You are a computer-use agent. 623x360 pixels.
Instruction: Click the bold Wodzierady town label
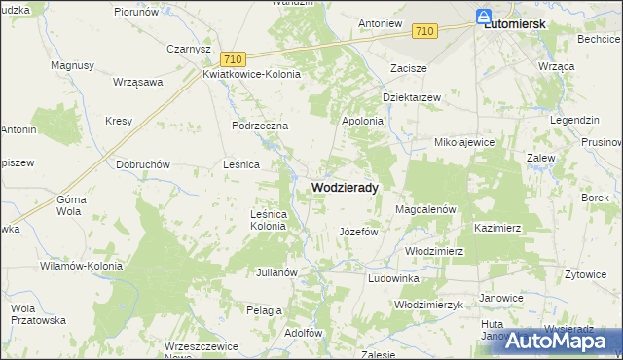point(346,187)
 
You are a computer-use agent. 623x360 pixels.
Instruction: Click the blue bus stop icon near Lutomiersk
point(484,16)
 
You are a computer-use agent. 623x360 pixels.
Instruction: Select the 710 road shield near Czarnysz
point(231,59)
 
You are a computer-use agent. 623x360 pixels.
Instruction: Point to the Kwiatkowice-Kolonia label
point(252,74)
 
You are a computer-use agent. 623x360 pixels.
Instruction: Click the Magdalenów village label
point(426,209)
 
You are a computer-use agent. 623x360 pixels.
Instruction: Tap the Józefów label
point(357,233)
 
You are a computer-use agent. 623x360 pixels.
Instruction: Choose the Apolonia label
point(362,121)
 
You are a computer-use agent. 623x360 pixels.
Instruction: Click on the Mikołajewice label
point(464,142)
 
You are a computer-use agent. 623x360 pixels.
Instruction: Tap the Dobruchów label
point(144,164)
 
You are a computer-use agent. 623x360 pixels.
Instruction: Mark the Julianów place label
point(275,272)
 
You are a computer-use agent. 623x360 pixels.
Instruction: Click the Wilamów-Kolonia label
point(81,266)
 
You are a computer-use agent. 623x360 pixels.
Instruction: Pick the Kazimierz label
point(498,228)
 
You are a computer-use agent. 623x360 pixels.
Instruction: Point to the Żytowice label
point(585,274)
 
